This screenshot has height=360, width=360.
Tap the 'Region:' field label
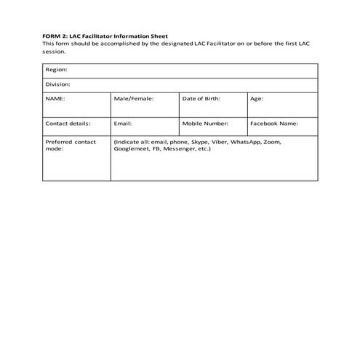(57, 70)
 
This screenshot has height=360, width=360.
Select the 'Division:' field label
(58, 84)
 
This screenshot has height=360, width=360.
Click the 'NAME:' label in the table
(55, 97)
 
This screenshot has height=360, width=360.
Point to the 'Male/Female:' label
(134, 97)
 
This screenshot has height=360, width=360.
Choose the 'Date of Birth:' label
(201, 97)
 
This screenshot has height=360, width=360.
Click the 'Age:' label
(257, 97)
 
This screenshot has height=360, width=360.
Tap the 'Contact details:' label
(68, 124)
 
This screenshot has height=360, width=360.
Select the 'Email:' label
(123, 124)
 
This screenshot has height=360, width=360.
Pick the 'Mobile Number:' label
(205, 124)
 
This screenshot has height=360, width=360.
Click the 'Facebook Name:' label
(274, 124)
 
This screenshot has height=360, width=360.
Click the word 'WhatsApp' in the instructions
(245, 142)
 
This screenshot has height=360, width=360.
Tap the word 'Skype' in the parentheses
(199, 142)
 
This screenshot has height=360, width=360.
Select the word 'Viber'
(219, 142)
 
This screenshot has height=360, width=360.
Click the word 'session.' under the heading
(54, 51)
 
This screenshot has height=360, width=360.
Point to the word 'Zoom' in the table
(271, 142)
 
